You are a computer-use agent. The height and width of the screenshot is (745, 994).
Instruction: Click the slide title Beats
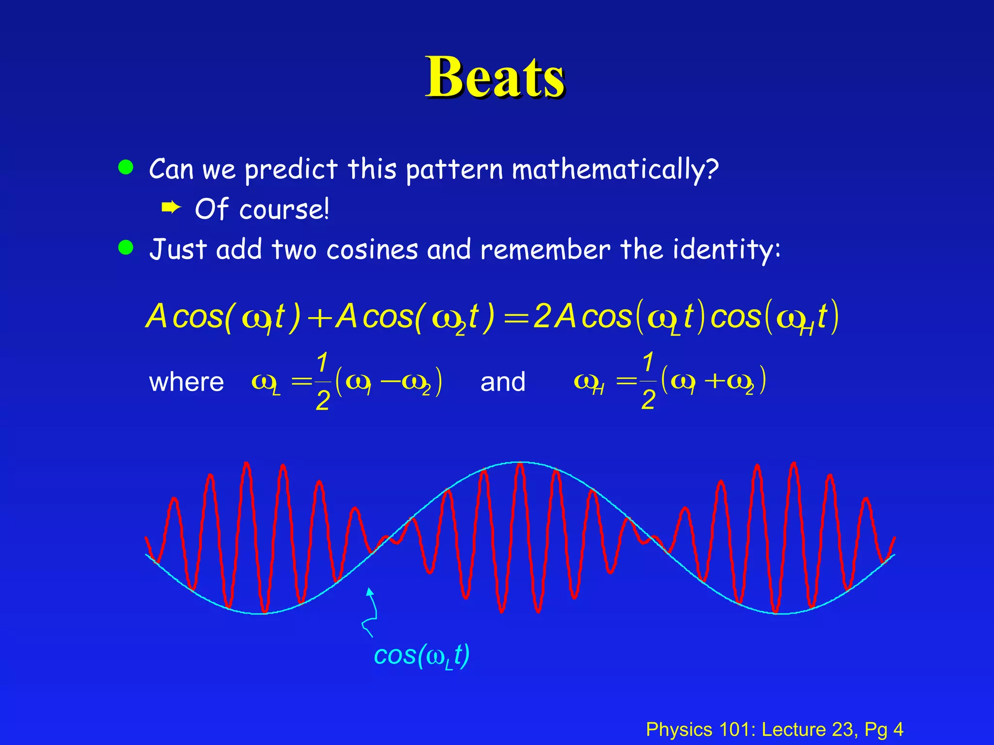pyautogui.click(x=495, y=78)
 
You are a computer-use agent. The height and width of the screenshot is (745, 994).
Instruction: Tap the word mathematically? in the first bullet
pyautogui.click(x=615, y=170)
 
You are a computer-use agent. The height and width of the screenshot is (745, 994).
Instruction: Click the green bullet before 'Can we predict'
pyautogui.click(x=126, y=167)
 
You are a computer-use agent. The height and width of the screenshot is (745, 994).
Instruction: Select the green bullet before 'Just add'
pyautogui.click(x=126, y=247)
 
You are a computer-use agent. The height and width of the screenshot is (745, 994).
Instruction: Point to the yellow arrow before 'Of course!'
pyautogui.click(x=171, y=209)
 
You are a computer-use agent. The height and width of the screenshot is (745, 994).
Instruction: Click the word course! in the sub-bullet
pyautogui.click(x=284, y=210)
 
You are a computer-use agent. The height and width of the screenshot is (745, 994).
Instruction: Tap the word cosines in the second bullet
pyautogui.click(x=372, y=250)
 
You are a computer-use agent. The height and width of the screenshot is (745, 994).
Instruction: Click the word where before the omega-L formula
pyautogui.click(x=186, y=382)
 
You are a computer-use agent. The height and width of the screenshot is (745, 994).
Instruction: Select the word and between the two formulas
pyautogui.click(x=503, y=382)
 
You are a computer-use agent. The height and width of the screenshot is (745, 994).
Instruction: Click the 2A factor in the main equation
pyautogui.click(x=554, y=317)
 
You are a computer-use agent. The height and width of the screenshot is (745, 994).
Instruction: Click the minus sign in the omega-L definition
pyautogui.click(x=390, y=381)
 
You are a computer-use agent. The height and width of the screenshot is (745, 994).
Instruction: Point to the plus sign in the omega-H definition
pyautogui.click(x=714, y=381)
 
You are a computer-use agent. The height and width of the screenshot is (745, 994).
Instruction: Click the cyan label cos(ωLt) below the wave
pyautogui.click(x=421, y=656)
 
